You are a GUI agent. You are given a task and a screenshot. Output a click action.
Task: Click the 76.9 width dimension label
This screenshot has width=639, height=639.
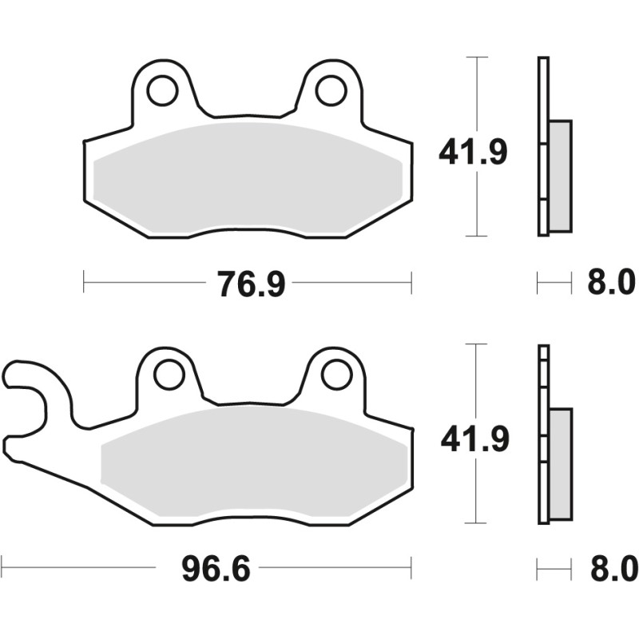[x=251, y=283]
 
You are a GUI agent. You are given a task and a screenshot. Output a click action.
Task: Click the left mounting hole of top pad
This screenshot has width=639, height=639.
[x=162, y=90]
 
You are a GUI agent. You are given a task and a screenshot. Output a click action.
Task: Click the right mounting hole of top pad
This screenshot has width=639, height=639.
[x=331, y=90]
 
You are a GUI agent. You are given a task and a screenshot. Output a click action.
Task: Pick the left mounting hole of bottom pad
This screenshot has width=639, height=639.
[x=169, y=374]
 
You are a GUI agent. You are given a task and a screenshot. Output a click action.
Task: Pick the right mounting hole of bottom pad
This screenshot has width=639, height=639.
[x=337, y=374]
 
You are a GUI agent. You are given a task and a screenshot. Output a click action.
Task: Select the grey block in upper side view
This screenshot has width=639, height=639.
[x=561, y=175]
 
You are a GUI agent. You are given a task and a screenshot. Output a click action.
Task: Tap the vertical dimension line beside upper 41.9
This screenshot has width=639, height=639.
[x=477, y=96]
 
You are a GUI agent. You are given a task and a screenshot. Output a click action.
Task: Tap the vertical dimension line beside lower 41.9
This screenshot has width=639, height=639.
[x=477, y=383]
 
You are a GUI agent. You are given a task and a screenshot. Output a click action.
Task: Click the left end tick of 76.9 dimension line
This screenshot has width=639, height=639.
[x=85, y=282]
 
